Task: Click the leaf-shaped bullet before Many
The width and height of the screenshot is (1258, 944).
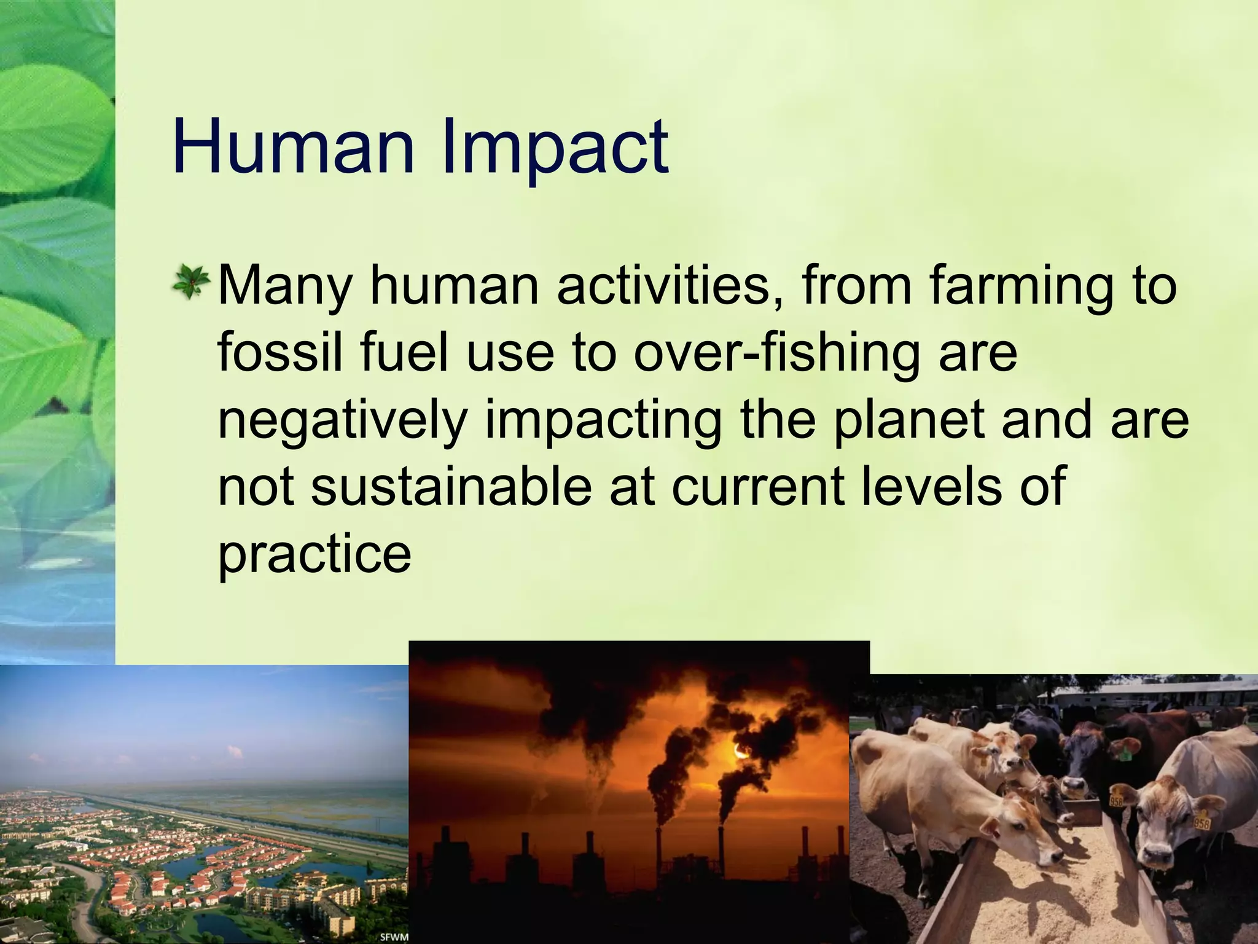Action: pyautogui.click(x=190, y=283)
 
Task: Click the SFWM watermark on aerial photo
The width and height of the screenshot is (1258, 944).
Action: pyautogui.click(x=393, y=937)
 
